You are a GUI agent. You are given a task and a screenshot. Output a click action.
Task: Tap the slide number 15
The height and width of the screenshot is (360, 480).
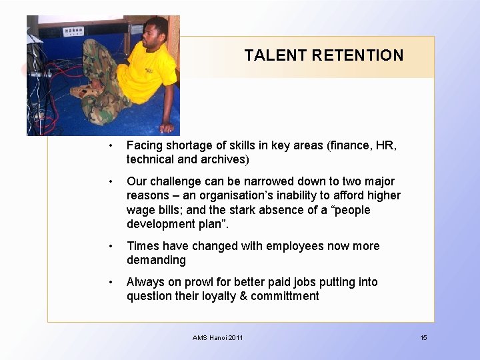tap(423, 338)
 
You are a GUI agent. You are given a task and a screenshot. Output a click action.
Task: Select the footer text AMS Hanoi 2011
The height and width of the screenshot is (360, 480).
tap(218, 338)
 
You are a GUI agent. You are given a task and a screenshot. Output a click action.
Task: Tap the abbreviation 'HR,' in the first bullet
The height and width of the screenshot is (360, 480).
tap(387, 145)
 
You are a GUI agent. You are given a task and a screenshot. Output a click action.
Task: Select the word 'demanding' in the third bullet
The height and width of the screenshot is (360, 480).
tap(156, 261)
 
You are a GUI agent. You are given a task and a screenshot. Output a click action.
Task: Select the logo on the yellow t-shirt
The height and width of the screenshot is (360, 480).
tap(148, 69)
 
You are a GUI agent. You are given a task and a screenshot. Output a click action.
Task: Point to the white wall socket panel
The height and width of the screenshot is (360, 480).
tap(73, 31)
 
